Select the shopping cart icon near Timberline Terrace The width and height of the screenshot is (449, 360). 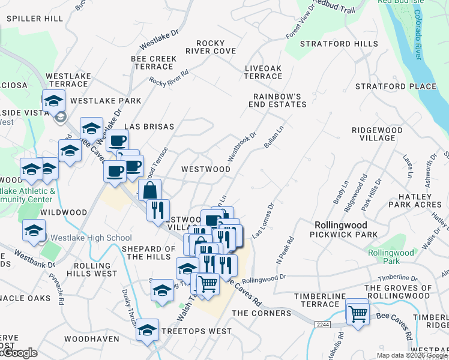click(x=358, y=313)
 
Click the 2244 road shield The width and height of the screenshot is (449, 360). click(x=322, y=325)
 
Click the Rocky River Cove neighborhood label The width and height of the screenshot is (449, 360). click(x=216, y=47)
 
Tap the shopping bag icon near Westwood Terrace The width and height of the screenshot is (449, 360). click(x=150, y=191)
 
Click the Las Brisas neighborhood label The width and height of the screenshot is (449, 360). click(x=149, y=127)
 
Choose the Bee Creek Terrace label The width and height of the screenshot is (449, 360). click(x=154, y=62)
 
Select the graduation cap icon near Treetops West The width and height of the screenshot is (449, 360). click(x=147, y=330)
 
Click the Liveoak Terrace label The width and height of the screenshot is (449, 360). click(x=263, y=73)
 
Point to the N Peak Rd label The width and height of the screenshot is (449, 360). click(x=285, y=250)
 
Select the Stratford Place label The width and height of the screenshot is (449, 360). click(x=396, y=86)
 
